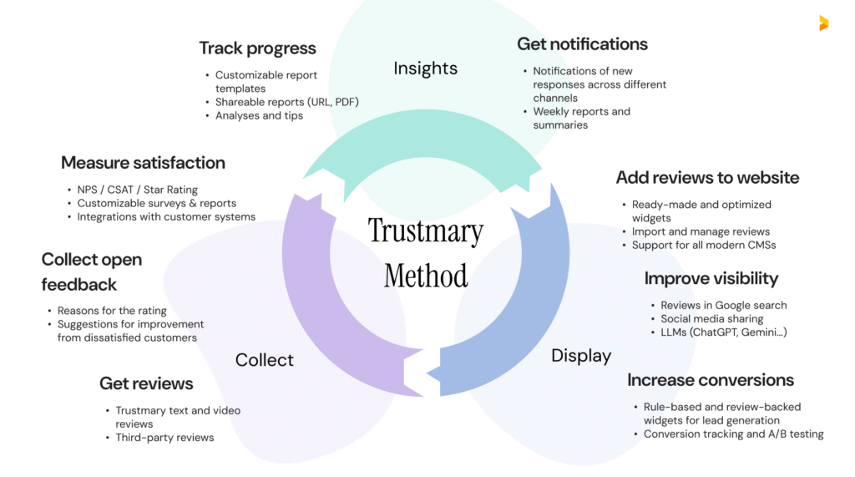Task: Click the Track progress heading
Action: tap(257, 48)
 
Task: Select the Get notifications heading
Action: tap(582, 44)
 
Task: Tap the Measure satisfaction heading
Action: tap(143, 162)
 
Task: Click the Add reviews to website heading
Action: tap(707, 177)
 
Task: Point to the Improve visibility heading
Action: tap(711, 278)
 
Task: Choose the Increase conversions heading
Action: tap(711, 380)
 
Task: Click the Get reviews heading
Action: tap(146, 383)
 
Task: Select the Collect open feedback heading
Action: tap(91, 271)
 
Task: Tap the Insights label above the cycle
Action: tap(425, 69)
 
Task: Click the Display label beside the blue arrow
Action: tap(581, 356)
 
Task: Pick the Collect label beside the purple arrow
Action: tap(264, 360)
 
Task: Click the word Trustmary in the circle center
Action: tap(425, 231)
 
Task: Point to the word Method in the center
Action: tap(425, 275)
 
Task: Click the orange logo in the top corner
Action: tap(823, 23)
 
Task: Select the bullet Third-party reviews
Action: tap(164, 438)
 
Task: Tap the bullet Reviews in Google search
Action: tap(723, 306)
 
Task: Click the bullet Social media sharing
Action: tap(711, 319)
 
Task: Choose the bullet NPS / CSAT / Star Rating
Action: tap(137, 190)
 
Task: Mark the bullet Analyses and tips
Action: tap(259, 115)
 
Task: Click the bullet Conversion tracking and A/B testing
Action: tap(733, 434)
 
